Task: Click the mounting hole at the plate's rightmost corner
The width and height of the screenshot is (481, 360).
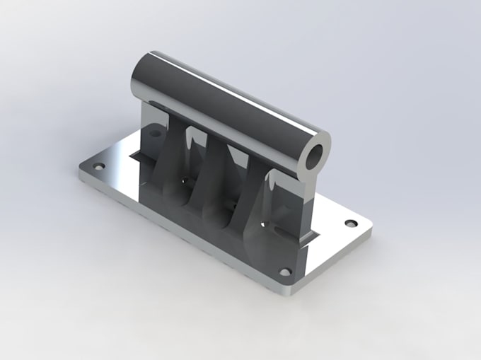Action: [349, 223]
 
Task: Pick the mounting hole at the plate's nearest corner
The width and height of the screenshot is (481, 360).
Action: [285, 272]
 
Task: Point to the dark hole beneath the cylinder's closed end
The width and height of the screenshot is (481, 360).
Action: [153, 132]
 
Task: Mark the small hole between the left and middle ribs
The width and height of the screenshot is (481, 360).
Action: [187, 181]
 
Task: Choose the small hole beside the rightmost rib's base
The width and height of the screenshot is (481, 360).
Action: [266, 224]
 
